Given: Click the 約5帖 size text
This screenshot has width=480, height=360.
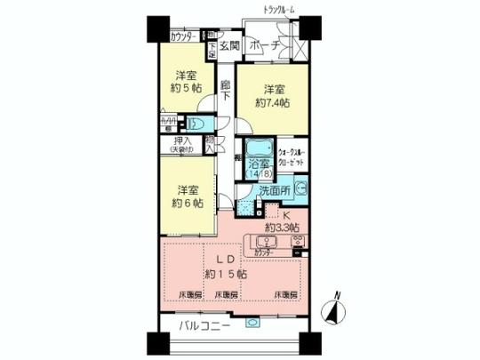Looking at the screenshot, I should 184,89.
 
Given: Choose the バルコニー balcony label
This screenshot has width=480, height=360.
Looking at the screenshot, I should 205,326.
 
